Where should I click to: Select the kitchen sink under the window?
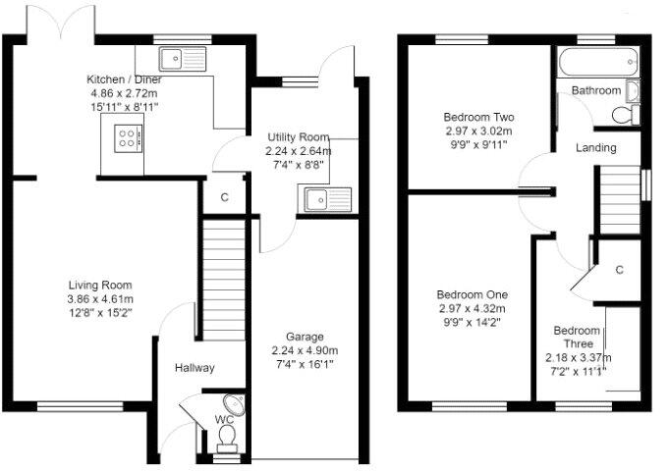point(182,60)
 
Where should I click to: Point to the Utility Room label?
point(299,137)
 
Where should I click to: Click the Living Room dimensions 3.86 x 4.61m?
point(99,299)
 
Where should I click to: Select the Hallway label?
point(195,368)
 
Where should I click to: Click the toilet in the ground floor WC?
point(226,436)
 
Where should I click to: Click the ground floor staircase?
point(223,280)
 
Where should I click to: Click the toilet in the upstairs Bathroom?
point(623,115)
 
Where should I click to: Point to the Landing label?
point(596,148)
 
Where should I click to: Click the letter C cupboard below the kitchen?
point(224,197)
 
